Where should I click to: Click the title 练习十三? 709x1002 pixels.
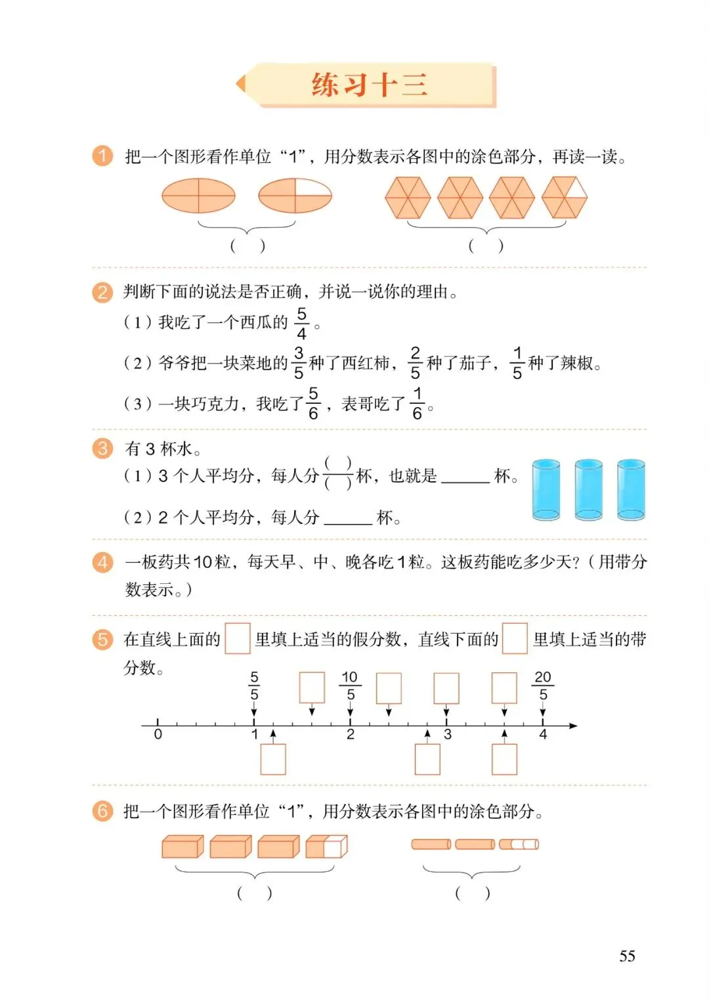[370, 85]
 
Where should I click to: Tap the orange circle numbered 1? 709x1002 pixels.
[102, 156]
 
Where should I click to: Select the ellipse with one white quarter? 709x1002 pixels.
[295, 196]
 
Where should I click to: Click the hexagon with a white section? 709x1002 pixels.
[565, 197]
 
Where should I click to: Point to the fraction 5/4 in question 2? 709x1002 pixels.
[301, 323]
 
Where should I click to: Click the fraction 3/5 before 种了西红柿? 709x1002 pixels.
[299, 363]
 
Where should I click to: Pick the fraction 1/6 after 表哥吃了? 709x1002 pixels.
[417, 403]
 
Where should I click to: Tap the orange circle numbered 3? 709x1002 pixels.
[102, 448]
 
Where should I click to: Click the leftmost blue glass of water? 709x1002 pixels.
[546, 490]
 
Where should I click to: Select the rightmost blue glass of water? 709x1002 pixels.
[631, 490]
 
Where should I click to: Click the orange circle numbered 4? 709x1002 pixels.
[102, 562]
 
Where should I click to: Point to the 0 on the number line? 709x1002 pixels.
[158, 734]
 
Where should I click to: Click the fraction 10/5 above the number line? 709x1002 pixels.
[350, 686]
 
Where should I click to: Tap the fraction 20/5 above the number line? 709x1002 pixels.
[543, 686]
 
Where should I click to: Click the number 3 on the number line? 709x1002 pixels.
[448, 735]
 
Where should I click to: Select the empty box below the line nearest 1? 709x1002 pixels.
[273, 759]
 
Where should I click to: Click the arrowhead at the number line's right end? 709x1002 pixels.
[573, 726]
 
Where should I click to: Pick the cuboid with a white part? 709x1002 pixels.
[326, 847]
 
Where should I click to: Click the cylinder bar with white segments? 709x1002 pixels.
[519, 844]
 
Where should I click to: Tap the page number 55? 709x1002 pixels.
[627, 956]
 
